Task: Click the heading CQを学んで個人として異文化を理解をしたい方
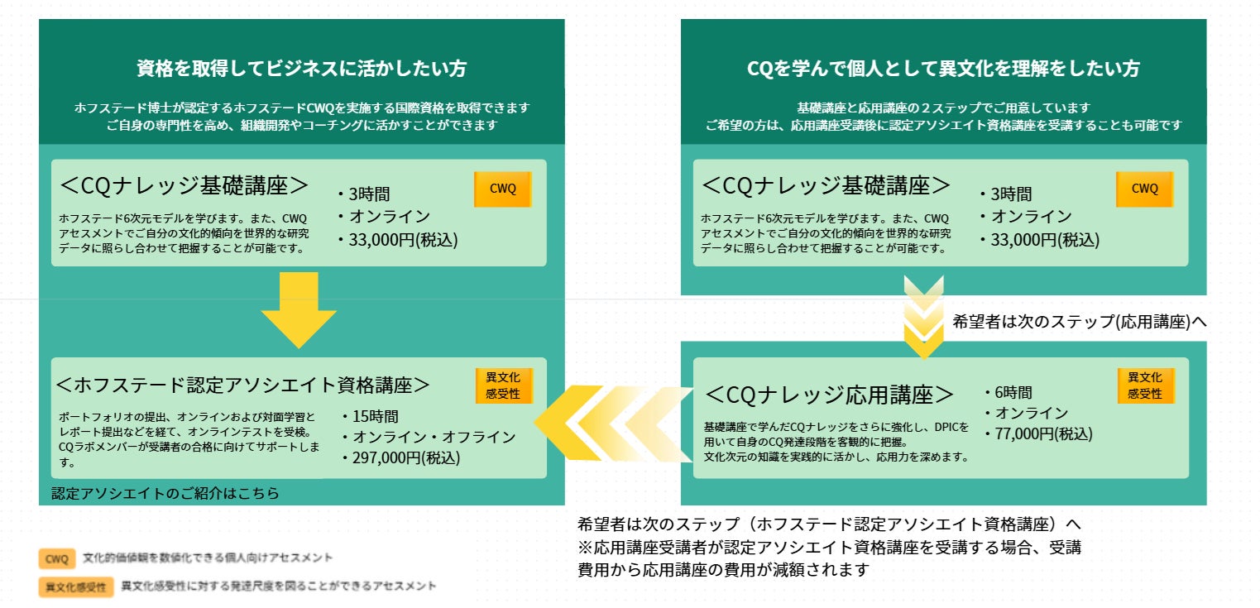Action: tap(942, 69)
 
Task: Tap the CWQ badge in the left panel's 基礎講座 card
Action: tap(502, 189)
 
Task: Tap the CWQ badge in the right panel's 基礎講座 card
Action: tap(1144, 189)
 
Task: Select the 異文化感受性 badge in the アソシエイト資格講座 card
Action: tap(503, 385)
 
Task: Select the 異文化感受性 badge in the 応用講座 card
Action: tap(1145, 385)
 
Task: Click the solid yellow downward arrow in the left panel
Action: tap(298, 313)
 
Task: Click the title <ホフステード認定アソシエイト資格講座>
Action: tap(242, 385)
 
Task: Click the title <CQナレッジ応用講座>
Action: tap(828, 395)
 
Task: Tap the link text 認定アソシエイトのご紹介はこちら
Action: tap(165, 493)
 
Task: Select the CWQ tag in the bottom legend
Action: tap(57, 559)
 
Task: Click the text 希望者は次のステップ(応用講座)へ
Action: tap(1080, 322)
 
